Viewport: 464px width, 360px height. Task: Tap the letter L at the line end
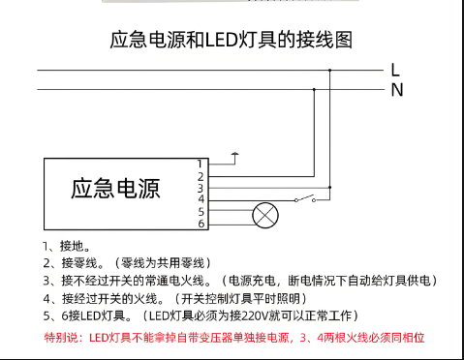pyautogui.click(x=395, y=70)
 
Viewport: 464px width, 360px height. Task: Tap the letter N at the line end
pyautogui.click(x=396, y=90)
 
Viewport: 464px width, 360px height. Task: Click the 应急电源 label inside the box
pyautogui.click(x=115, y=187)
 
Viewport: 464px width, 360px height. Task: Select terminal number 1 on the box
pyautogui.click(x=201, y=164)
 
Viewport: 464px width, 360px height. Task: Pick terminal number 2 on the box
pyautogui.click(x=201, y=176)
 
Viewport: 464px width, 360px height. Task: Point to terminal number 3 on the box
pyautogui.click(x=201, y=188)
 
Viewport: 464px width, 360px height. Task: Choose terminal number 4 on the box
pyautogui.click(x=201, y=199)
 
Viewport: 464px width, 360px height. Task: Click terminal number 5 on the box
pyautogui.click(x=201, y=211)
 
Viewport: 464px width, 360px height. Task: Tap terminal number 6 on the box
pyautogui.click(x=201, y=224)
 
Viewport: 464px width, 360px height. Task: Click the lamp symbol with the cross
pyautogui.click(x=263, y=214)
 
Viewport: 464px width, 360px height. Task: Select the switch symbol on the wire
pyautogui.click(x=308, y=198)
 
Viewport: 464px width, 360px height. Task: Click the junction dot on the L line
pyautogui.click(x=330, y=70)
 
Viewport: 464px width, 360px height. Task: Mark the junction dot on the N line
pyautogui.click(x=311, y=89)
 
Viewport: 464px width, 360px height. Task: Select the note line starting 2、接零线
pyautogui.click(x=126, y=262)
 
